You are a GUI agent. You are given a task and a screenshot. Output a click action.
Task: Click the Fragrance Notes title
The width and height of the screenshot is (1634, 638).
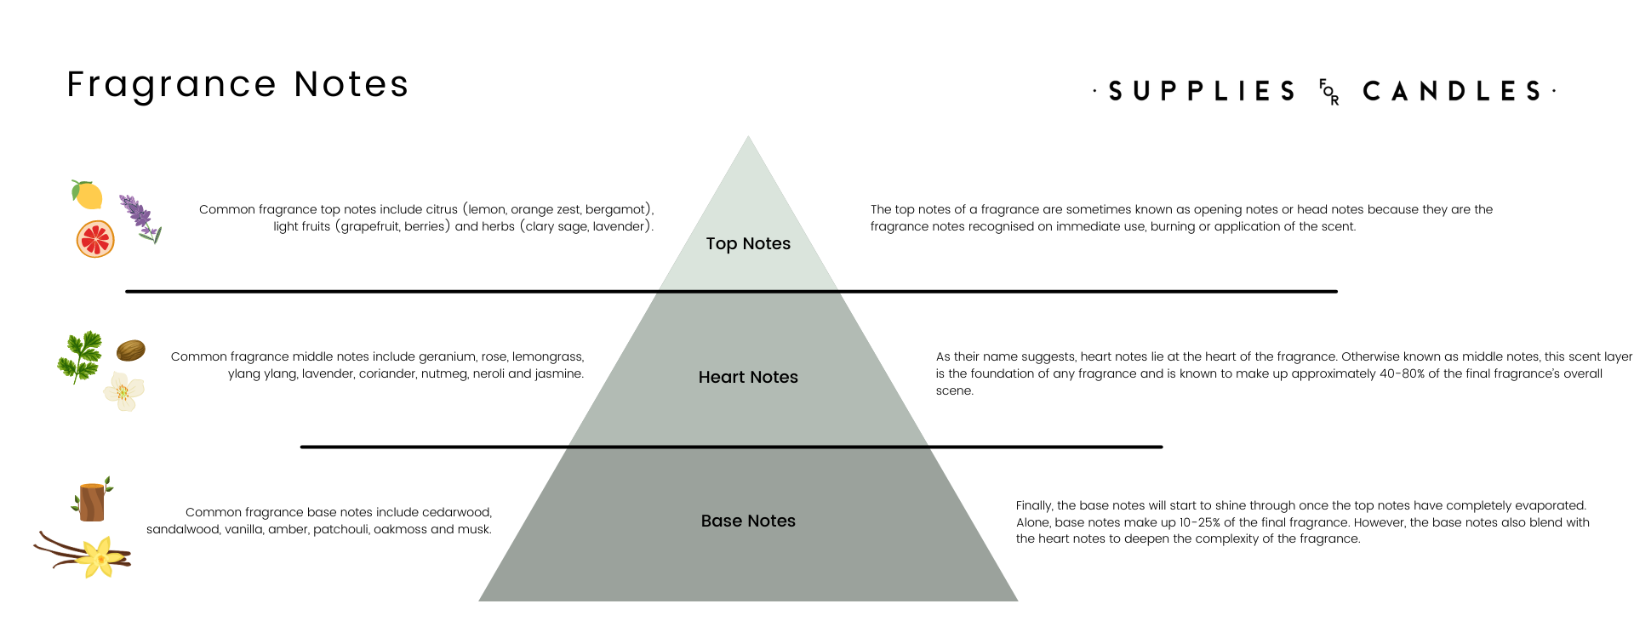tap(237, 85)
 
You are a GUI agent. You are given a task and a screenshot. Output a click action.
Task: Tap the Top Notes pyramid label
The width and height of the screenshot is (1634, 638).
tap(748, 244)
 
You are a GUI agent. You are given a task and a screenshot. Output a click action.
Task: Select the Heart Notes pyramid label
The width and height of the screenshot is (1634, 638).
tap(748, 377)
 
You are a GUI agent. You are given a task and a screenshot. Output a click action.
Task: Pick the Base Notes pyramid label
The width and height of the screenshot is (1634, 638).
tap(748, 521)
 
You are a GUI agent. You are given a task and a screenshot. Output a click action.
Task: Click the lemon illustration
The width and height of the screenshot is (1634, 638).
tap(87, 195)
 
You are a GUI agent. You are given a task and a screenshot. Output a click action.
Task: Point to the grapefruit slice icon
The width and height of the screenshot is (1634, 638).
tap(95, 239)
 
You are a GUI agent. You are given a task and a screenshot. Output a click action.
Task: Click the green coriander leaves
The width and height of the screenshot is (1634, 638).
tap(79, 356)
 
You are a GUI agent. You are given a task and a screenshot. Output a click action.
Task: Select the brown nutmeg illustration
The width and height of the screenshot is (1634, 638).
tap(130, 350)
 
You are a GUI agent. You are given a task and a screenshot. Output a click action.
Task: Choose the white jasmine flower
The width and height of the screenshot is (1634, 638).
tap(124, 392)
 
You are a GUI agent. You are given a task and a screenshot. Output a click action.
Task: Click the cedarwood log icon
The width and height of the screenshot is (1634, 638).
tap(91, 500)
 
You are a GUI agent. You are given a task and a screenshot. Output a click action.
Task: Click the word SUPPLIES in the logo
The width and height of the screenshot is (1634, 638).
tap(1202, 91)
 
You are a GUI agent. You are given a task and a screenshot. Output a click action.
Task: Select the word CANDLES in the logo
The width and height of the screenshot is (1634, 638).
tap(1452, 91)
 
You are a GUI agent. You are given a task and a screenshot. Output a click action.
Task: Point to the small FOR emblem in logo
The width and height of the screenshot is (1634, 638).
tap(1328, 92)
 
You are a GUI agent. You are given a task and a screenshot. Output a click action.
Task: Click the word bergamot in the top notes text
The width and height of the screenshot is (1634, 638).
tap(617, 210)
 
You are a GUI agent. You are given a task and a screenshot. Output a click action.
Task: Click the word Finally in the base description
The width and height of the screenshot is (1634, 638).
tap(1034, 506)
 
